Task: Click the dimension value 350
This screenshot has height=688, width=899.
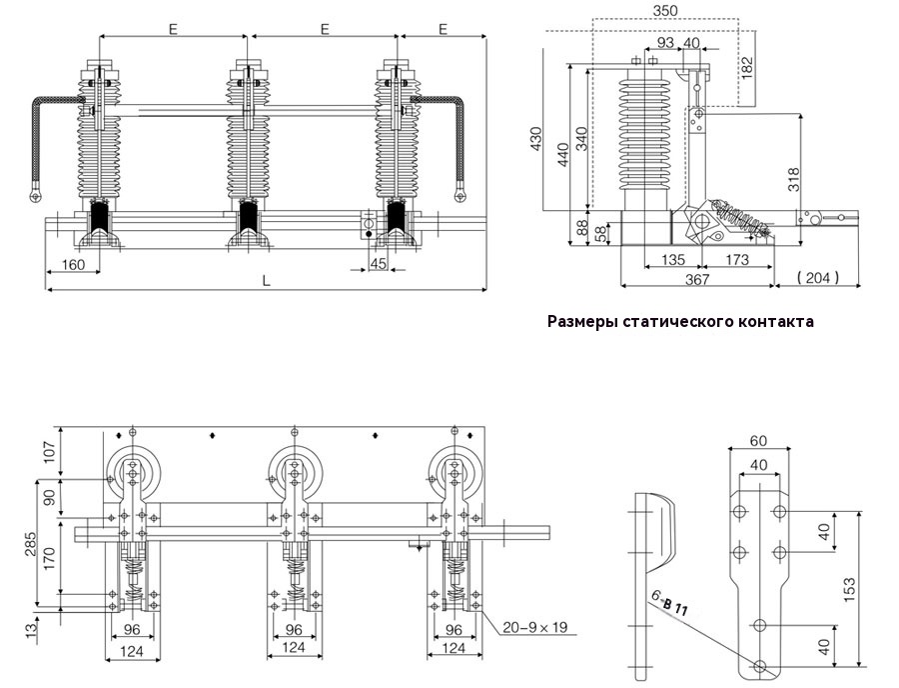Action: pos(664,10)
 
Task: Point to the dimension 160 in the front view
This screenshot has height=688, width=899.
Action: pos(73,265)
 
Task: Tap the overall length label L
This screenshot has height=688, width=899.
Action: pos(266,281)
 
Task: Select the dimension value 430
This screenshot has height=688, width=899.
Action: pos(535,139)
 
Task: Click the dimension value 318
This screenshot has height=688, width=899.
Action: pos(794,180)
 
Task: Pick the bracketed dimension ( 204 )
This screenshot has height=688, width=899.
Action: pos(818,278)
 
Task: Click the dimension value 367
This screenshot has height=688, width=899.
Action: pos(697,279)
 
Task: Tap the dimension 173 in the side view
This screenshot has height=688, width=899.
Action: pos(737,260)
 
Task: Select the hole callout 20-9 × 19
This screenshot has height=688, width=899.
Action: pos(535,627)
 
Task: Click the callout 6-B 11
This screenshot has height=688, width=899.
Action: pos(669,604)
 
